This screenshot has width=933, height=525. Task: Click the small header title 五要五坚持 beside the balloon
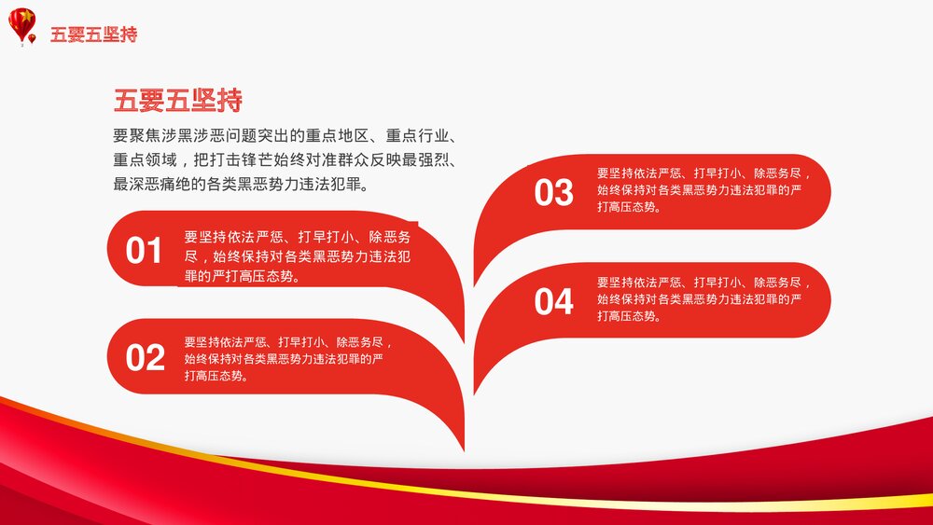point(93,35)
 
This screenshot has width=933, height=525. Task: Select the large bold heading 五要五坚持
point(178,100)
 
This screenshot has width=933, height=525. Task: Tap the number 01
point(145,251)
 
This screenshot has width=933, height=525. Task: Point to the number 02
point(145,358)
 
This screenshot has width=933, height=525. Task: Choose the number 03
point(553,193)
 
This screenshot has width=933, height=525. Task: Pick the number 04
point(553,302)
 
